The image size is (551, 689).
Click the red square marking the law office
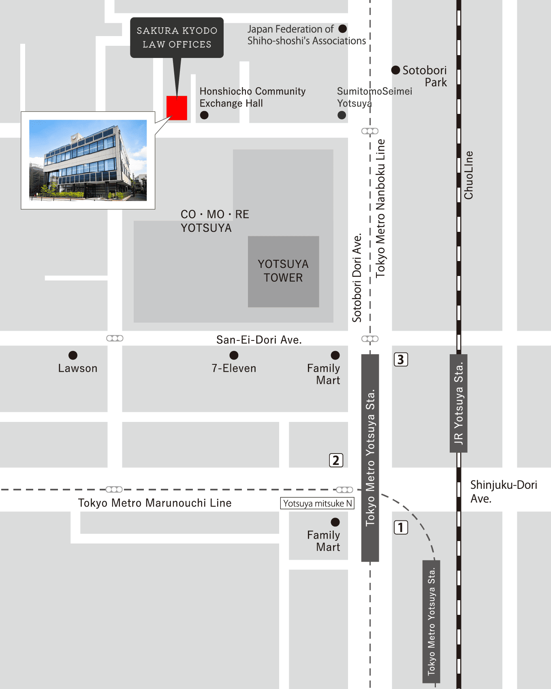[x=177, y=108]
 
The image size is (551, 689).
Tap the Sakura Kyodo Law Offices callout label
[x=177, y=37]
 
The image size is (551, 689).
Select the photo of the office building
[x=88, y=160]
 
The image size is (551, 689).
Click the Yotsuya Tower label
[x=283, y=271]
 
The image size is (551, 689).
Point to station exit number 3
[x=401, y=359]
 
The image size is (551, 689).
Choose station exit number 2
[x=336, y=460]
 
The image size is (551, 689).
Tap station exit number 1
[x=401, y=527]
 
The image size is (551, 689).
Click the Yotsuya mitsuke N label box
[x=317, y=503]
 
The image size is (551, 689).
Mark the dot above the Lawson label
[x=73, y=355]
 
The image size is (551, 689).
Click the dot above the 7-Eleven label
[x=234, y=355]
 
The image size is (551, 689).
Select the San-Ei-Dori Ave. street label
[x=259, y=340]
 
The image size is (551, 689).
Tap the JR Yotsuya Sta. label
[x=459, y=403]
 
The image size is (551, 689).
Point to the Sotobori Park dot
[x=395, y=70]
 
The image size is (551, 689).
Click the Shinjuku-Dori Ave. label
[x=503, y=492]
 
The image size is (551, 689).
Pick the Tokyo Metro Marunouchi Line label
[x=155, y=503]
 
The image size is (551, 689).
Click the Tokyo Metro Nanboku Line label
[x=380, y=208]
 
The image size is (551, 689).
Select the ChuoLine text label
[x=469, y=175]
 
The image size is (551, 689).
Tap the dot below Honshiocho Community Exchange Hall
[x=204, y=116]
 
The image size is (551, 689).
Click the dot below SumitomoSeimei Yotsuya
[x=342, y=116]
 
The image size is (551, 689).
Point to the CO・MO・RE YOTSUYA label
[x=215, y=221]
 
